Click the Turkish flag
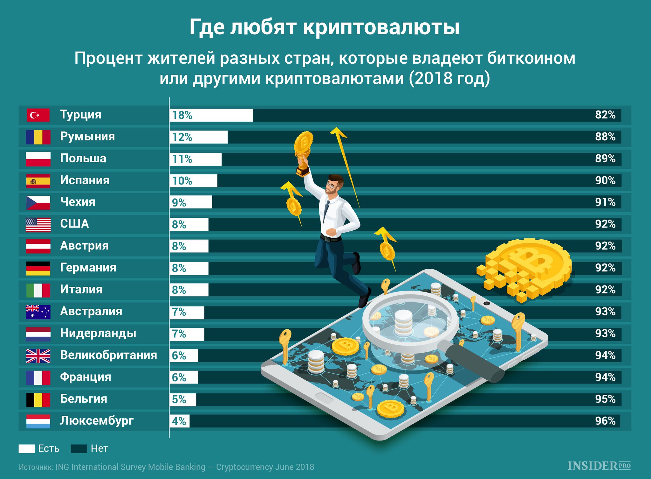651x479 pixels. [x=38, y=115]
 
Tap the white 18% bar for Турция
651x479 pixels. [x=211, y=115]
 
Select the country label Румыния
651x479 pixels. [x=87, y=137]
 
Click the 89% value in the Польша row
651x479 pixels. [x=605, y=158]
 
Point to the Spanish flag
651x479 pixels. [x=38, y=181]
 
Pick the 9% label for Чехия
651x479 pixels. [x=179, y=203]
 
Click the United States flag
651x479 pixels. [x=38, y=225]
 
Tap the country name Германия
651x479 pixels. [x=88, y=268]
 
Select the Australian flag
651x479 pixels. [x=38, y=312]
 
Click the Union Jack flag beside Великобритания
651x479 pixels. [x=38, y=356]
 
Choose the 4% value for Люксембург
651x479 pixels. [x=179, y=421]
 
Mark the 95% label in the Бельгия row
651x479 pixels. [x=605, y=399]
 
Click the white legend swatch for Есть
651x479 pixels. [x=26, y=449]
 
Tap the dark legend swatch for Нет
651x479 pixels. [x=79, y=449]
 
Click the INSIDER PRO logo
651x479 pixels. [x=599, y=466]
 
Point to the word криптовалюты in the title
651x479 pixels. [x=381, y=27]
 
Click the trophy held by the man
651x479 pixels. [x=304, y=153]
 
